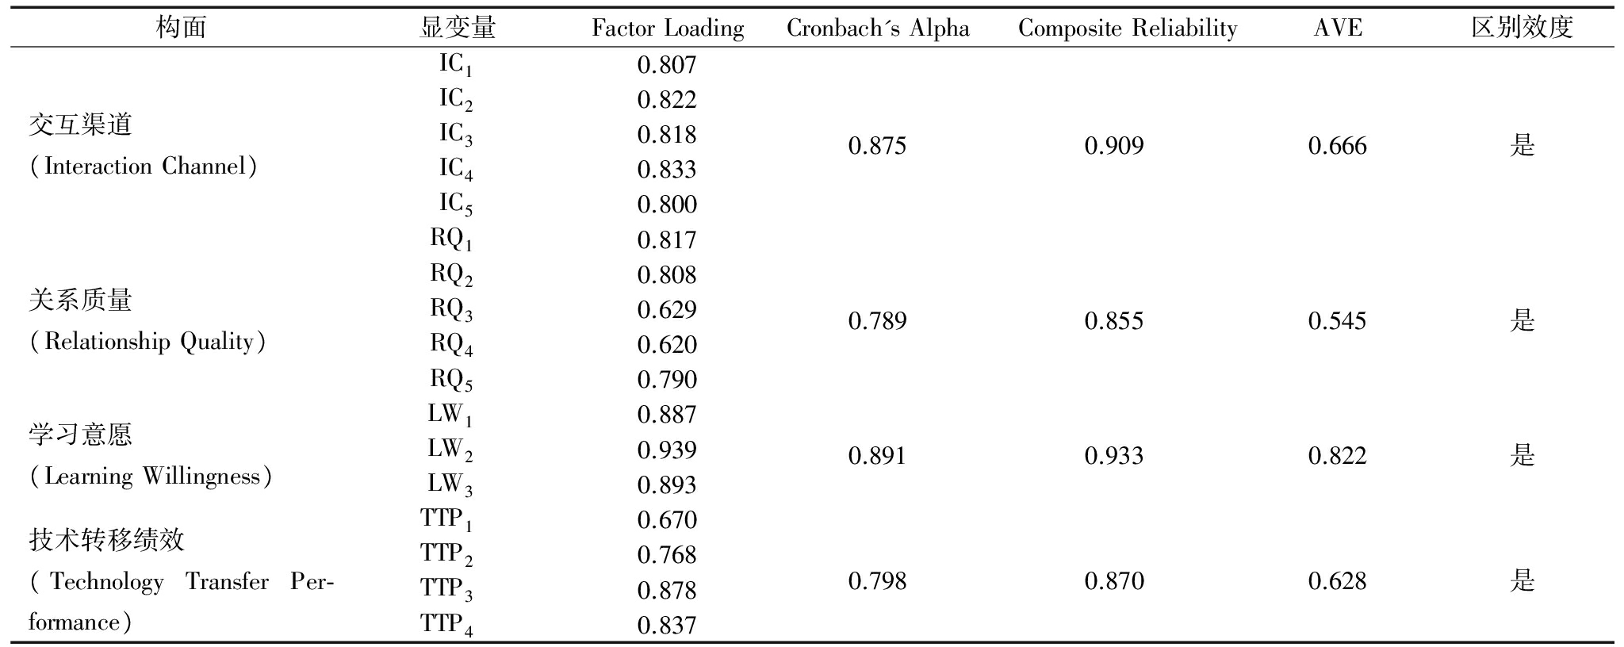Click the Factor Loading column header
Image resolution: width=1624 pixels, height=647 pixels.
coord(668,29)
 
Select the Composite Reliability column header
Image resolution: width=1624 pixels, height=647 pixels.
coord(1127,29)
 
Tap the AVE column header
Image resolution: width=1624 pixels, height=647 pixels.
coord(1338,29)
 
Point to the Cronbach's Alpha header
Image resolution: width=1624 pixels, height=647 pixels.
coord(878,29)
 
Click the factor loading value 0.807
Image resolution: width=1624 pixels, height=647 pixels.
coord(667,65)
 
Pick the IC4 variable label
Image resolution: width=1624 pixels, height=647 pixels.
coord(456,169)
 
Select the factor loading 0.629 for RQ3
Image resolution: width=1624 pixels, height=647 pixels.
coord(667,309)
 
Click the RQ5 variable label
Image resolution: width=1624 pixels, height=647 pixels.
coord(451,380)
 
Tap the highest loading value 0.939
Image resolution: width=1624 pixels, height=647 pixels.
coord(667,450)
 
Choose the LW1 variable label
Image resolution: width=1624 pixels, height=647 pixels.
coord(450,415)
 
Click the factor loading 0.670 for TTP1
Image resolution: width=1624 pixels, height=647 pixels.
coord(667,520)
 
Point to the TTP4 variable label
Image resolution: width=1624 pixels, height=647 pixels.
coord(446,625)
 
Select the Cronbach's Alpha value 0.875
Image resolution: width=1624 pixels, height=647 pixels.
coord(877,146)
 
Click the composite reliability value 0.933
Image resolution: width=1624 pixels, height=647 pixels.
coord(1114,456)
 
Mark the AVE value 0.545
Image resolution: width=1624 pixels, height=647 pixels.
coord(1338,321)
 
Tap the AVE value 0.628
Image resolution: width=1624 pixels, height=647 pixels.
coord(1338,581)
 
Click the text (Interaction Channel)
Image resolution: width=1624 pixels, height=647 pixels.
coord(144,167)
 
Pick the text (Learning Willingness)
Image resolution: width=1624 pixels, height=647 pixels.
coord(151,477)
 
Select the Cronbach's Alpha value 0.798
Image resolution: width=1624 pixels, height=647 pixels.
coord(877,581)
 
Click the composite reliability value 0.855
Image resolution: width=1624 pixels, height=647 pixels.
coord(1114,321)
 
